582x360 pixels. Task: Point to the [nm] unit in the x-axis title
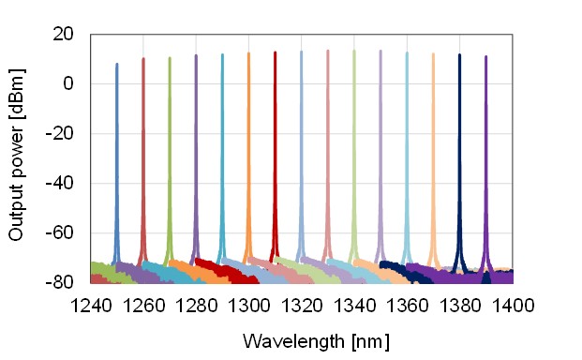(367, 338)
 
